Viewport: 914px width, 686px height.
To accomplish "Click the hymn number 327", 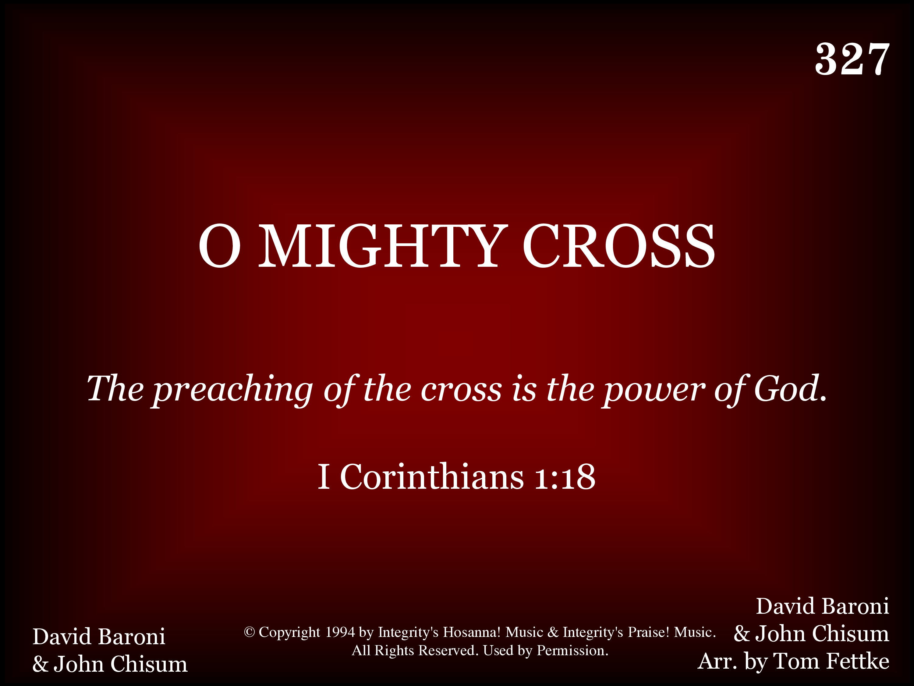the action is [852, 59].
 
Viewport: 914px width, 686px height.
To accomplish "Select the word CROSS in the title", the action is [618, 246].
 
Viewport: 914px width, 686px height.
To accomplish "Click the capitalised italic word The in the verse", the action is [115, 389].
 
